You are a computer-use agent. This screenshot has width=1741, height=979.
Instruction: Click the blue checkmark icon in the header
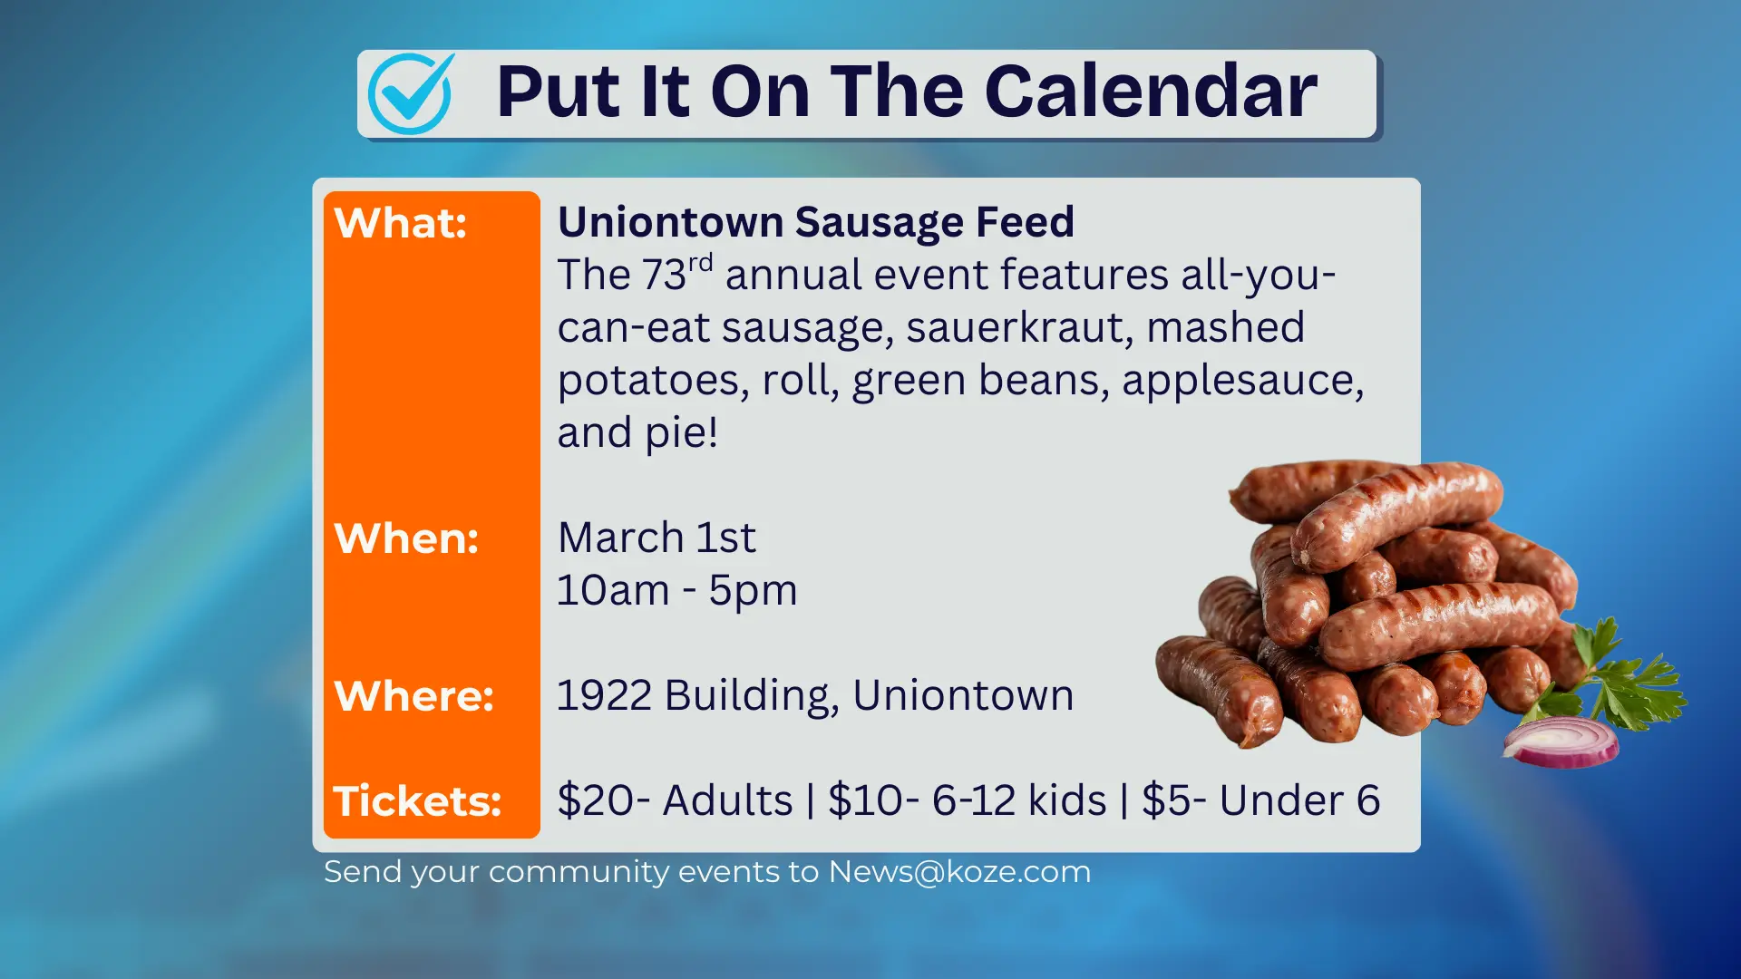(411, 93)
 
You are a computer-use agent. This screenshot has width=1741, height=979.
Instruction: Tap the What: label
(400, 223)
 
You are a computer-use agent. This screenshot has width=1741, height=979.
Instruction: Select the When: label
(406, 538)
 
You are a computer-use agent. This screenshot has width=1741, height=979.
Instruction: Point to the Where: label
(413, 696)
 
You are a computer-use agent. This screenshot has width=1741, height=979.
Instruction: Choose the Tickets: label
(417, 801)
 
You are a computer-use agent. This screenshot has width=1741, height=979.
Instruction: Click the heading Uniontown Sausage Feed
(815, 222)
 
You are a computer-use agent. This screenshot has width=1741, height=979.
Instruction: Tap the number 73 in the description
(665, 276)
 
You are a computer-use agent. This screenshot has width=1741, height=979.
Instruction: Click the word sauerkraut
(1019, 328)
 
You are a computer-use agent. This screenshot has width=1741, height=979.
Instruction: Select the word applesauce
(1241, 381)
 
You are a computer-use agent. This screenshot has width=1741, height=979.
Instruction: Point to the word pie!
(682, 433)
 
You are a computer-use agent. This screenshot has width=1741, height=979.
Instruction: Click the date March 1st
(656, 538)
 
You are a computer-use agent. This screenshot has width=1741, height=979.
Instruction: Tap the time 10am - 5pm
(676, 591)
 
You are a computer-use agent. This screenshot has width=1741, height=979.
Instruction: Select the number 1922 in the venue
(604, 696)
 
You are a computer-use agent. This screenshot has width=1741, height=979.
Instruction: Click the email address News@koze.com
(959, 872)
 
